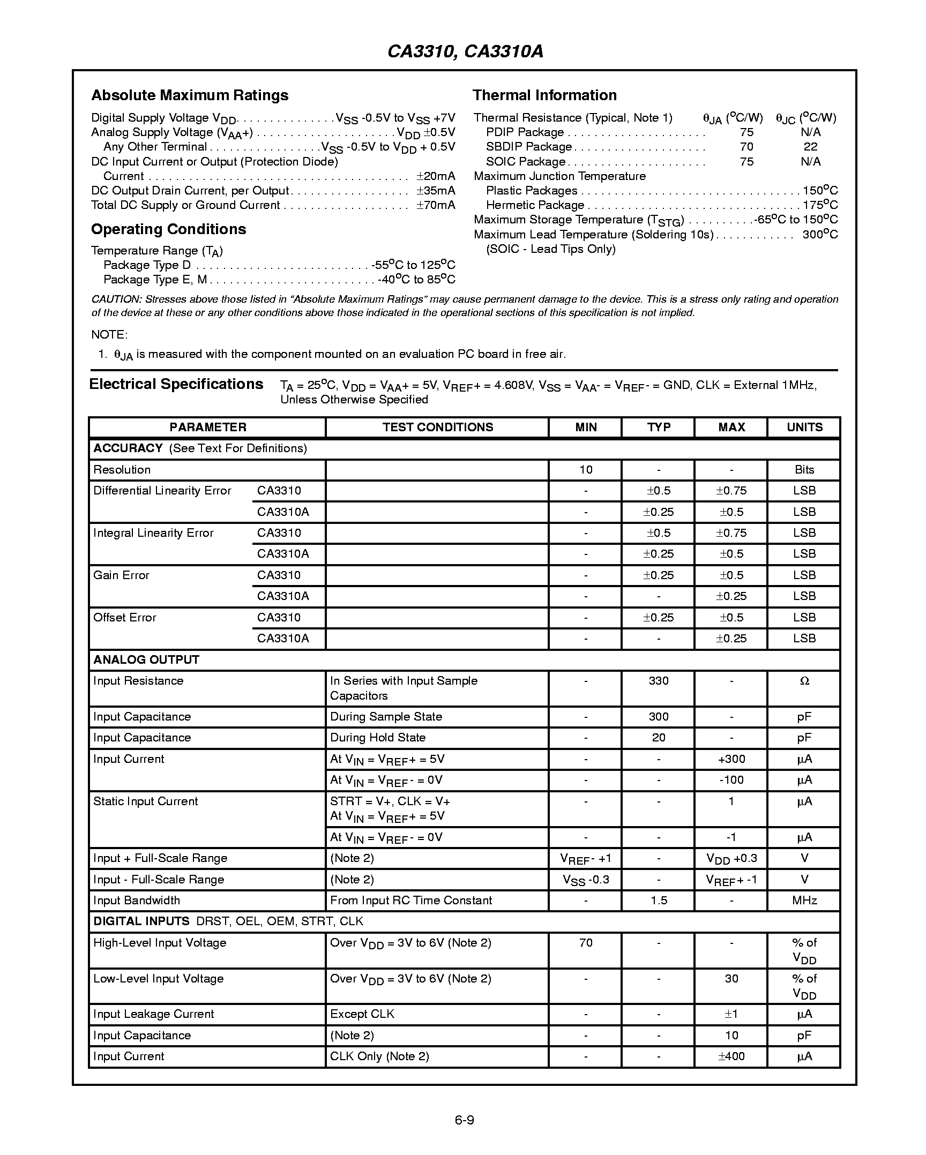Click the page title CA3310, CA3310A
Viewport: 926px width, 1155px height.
(x=465, y=51)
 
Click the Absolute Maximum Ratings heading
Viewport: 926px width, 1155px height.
(x=190, y=95)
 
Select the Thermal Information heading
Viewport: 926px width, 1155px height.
(x=544, y=95)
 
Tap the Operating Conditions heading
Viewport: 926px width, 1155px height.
(x=168, y=229)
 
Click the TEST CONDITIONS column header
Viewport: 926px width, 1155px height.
(x=437, y=427)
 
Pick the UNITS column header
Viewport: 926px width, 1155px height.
(x=804, y=427)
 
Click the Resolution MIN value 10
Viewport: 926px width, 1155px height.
(x=585, y=470)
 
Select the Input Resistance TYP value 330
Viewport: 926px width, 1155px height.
(x=658, y=681)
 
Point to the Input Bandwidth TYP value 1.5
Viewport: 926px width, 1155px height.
(x=658, y=901)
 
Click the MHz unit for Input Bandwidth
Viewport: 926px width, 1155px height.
(x=804, y=901)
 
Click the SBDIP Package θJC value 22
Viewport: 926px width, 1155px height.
(x=810, y=147)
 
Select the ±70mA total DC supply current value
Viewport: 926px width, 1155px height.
(x=436, y=205)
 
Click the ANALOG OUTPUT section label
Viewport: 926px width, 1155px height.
(x=146, y=660)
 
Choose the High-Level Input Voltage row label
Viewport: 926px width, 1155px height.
(x=160, y=943)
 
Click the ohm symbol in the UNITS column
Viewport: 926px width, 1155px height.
(x=804, y=681)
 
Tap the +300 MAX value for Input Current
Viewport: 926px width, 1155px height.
(x=731, y=759)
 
